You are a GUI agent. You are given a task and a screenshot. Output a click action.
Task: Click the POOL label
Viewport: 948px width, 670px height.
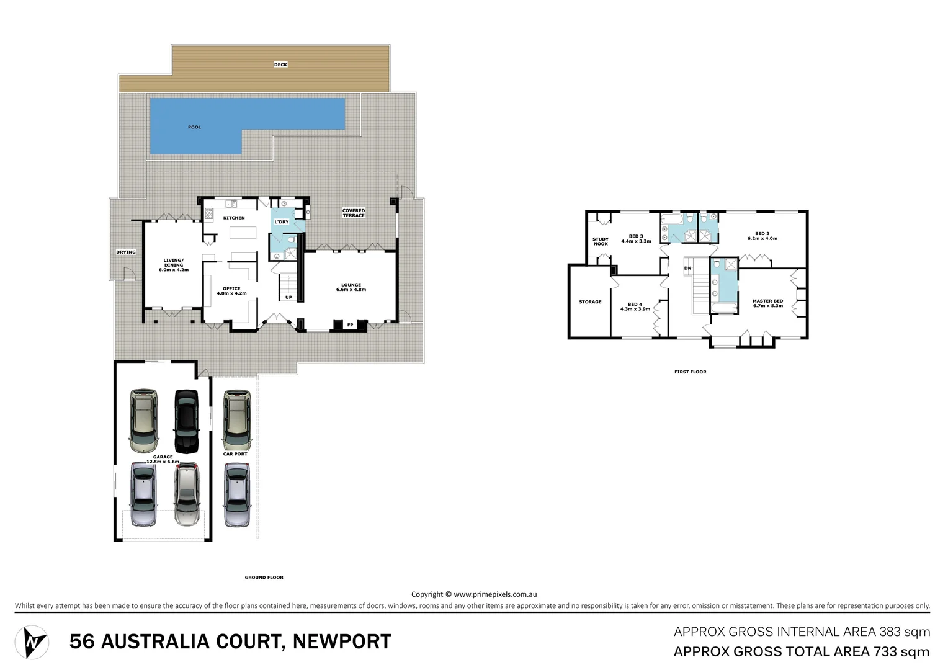click(x=194, y=127)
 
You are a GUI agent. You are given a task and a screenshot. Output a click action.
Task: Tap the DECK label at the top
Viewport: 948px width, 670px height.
click(x=280, y=65)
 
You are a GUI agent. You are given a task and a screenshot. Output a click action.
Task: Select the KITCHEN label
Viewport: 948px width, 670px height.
click(x=234, y=218)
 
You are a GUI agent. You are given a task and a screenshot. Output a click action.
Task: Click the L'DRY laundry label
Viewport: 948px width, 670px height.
click(x=282, y=221)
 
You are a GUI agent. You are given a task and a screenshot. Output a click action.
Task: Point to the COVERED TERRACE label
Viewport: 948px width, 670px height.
click(x=354, y=213)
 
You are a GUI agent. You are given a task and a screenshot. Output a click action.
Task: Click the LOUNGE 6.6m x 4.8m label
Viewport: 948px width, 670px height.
click(x=351, y=287)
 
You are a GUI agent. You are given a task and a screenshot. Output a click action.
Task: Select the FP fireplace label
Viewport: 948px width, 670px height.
click(x=350, y=324)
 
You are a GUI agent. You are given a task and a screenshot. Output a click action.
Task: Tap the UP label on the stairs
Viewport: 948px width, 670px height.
click(x=288, y=297)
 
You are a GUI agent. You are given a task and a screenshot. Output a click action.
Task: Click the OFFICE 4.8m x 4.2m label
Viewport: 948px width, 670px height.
click(x=231, y=291)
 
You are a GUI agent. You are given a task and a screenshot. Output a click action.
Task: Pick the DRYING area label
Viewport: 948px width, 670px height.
click(x=126, y=252)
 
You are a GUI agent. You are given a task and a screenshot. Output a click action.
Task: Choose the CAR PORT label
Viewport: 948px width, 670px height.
click(x=235, y=454)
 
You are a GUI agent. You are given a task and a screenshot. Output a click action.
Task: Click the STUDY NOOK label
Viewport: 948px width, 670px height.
click(x=601, y=241)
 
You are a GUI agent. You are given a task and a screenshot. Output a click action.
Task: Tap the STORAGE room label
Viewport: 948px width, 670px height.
click(x=590, y=302)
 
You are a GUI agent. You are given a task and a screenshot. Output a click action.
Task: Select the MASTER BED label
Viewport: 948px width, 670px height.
click(x=767, y=303)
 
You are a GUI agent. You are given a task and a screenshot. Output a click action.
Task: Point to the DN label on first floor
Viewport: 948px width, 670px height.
click(x=687, y=268)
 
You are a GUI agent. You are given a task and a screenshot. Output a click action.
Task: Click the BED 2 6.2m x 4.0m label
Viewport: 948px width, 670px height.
click(x=762, y=236)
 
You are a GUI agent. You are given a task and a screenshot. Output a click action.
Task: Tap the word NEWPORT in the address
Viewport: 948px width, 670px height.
click(x=342, y=641)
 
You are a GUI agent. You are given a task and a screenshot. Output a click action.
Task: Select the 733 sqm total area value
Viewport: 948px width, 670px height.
click(x=895, y=651)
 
